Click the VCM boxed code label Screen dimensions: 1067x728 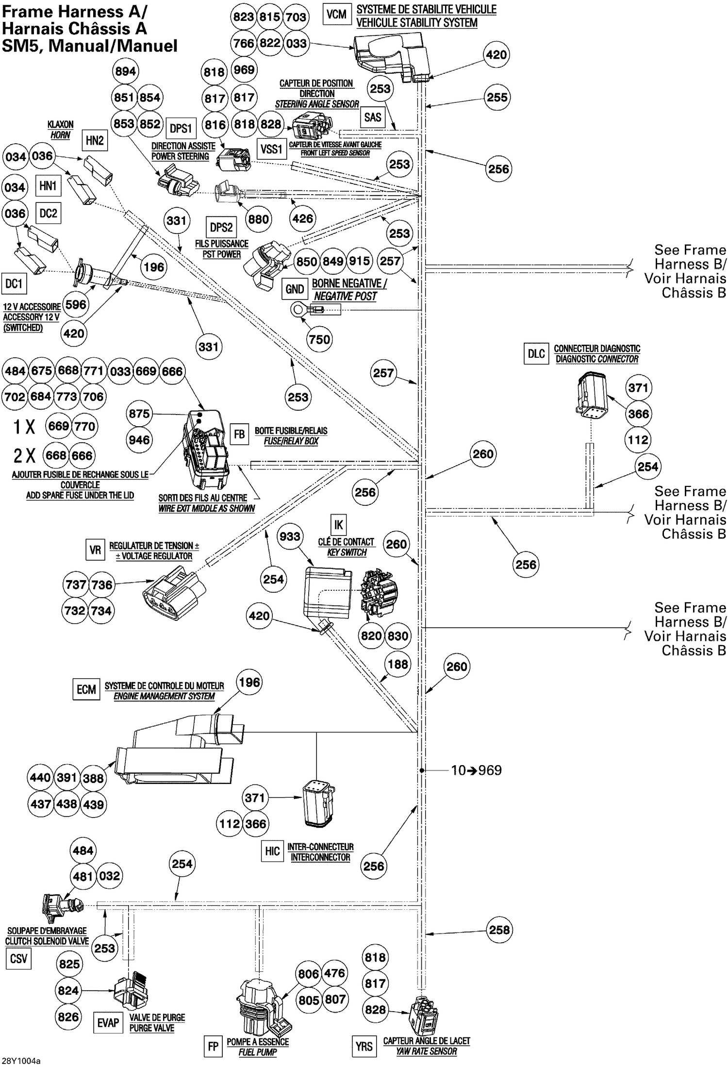tap(336, 15)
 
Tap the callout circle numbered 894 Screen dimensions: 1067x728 tap(125, 71)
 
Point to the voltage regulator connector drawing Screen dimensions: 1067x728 tap(174, 595)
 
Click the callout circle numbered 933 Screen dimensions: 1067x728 tap(290, 536)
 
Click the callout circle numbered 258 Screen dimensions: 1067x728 tap(499, 930)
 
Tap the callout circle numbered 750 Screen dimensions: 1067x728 tap(319, 339)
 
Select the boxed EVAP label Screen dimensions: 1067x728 tap(108, 1023)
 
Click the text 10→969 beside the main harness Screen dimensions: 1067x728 tap(476, 770)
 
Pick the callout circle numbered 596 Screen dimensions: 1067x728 tap(76, 305)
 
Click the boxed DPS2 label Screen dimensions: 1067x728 tap(221, 227)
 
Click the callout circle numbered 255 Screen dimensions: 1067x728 tap(497, 97)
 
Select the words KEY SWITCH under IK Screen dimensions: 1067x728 tap(347, 552)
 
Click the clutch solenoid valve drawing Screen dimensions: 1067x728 tap(61, 907)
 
